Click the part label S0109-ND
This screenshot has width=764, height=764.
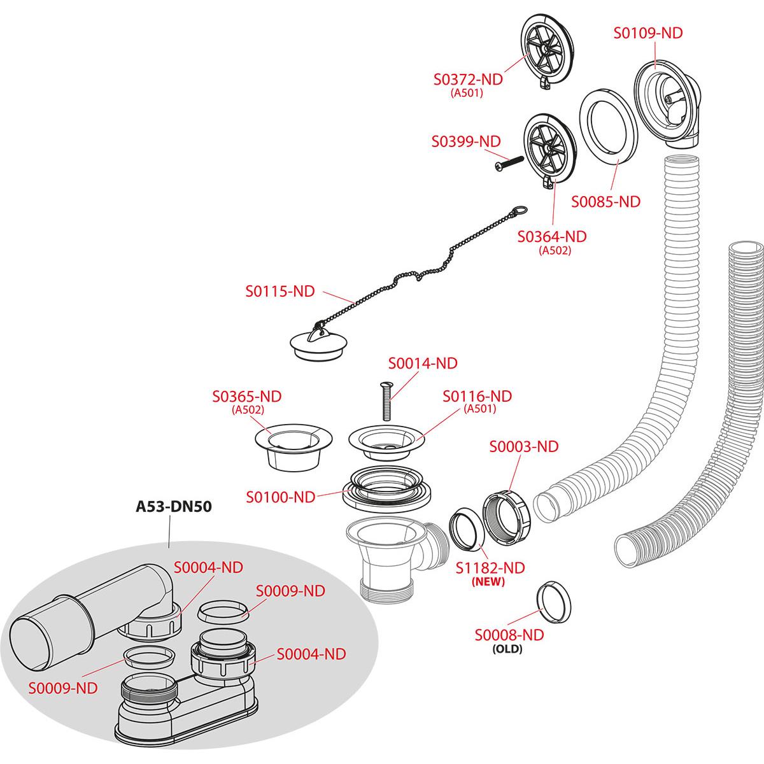(648, 33)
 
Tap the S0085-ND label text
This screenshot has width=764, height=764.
(605, 202)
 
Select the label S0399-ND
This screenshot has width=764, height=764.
(466, 141)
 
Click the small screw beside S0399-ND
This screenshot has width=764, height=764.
(507, 162)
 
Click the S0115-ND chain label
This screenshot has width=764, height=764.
(280, 291)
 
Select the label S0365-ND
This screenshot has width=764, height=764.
(246, 396)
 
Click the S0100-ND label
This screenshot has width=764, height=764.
(281, 497)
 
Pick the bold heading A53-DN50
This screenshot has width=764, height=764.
(174, 507)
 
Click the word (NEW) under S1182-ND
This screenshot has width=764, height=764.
(487, 581)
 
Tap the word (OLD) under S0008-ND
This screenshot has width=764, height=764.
(507, 649)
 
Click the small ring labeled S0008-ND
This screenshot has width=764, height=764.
(552, 601)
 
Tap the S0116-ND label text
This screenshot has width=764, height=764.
(478, 396)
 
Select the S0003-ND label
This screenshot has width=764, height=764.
(523, 446)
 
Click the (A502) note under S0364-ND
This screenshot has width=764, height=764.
(555, 250)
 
